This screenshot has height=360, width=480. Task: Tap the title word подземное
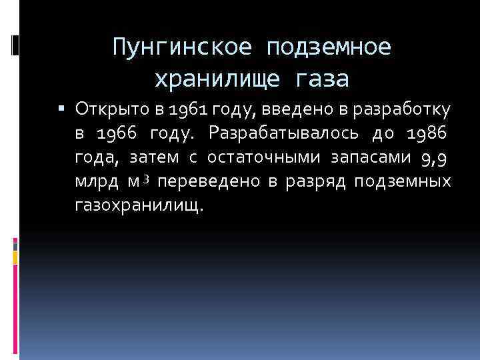(x=328, y=47)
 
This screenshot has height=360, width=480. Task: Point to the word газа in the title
(x=319, y=79)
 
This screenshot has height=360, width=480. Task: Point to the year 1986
(x=425, y=133)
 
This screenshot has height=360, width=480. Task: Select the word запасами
(x=361, y=157)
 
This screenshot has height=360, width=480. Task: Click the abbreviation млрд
(x=93, y=182)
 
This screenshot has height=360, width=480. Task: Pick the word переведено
(x=211, y=182)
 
